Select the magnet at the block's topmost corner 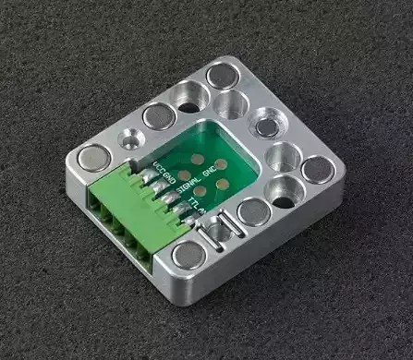223,74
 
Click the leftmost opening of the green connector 97,198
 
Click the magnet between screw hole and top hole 155,115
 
